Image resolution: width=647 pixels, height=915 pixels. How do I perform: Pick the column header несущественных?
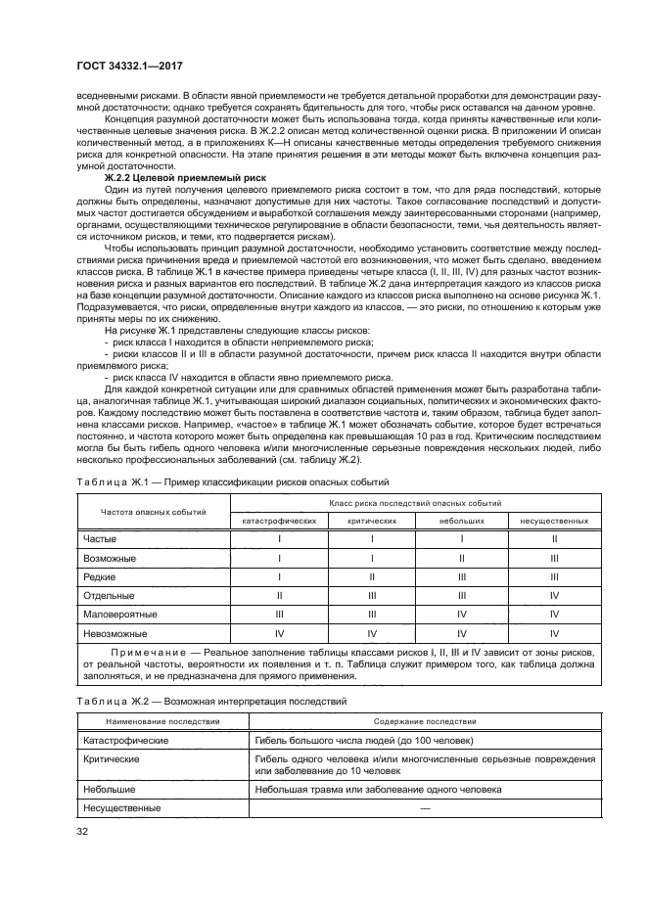[554, 521]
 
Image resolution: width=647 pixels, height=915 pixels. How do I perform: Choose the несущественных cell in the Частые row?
[554, 539]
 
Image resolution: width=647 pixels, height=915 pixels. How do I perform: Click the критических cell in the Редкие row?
[371, 576]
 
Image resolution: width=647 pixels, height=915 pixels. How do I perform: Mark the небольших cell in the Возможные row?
[461, 558]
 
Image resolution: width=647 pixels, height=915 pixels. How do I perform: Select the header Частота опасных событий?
[154, 512]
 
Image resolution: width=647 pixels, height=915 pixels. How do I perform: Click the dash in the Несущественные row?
[425, 807]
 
